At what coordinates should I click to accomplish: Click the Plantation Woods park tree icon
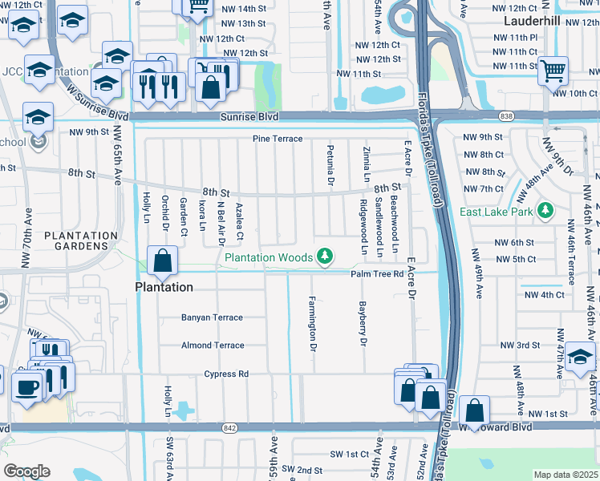pyautogui.click(x=324, y=257)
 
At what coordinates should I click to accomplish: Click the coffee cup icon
pyautogui.click(x=26, y=389)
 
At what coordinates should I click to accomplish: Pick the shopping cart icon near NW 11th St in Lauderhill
pyautogui.click(x=553, y=71)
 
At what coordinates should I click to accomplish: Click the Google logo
pyautogui.click(x=26, y=471)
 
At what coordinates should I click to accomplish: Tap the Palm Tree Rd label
pyautogui.click(x=376, y=274)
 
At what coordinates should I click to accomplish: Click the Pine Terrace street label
pyautogui.click(x=278, y=139)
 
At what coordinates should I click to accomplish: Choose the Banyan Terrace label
pyautogui.click(x=212, y=317)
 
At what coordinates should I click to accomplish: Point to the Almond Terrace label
pyautogui.click(x=212, y=346)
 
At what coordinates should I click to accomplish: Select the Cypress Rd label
pyautogui.click(x=226, y=374)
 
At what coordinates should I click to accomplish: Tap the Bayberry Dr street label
pyautogui.click(x=363, y=325)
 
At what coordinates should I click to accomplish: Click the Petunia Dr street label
pyautogui.click(x=330, y=166)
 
